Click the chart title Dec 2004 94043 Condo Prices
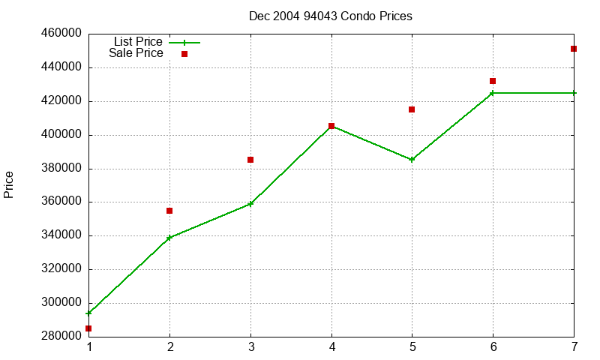coord(331,16)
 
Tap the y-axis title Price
coord(8,184)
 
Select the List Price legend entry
coord(157,42)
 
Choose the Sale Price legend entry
coord(148,53)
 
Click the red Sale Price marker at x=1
coord(88,328)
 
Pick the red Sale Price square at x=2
coord(169,211)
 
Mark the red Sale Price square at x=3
coord(250,160)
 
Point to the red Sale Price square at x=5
coord(412,109)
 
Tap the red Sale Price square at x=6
coord(493,81)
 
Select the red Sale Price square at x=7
coord(574,49)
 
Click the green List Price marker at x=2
coord(169,238)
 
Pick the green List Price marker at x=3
coord(250,204)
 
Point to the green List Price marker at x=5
coord(412,160)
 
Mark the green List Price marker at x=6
coord(493,93)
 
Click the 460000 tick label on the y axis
coord(61,33)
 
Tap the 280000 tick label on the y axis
coord(61,336)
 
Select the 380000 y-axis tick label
coord(61,168)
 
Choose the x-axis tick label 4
coord(331,347)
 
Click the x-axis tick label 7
coord(574,347)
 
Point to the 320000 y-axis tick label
coord(61,268)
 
